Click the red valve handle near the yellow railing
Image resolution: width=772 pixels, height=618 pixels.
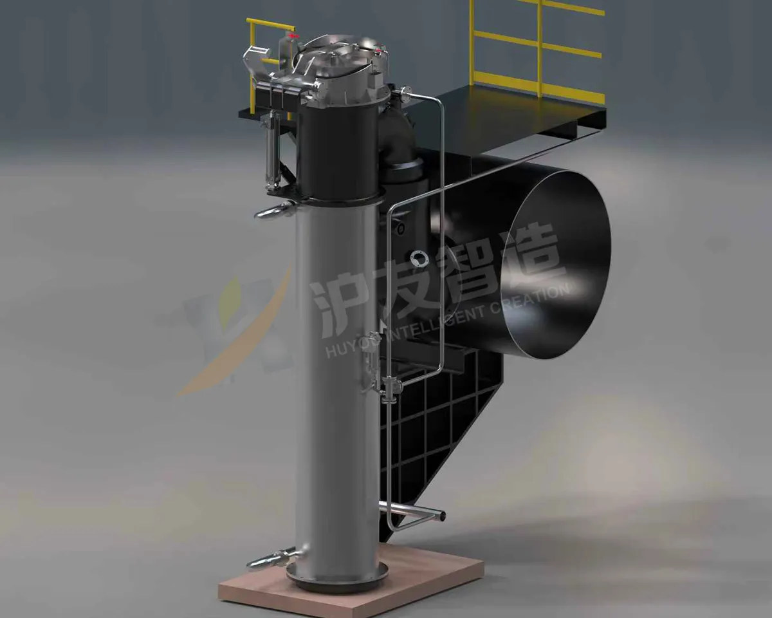(295, 36)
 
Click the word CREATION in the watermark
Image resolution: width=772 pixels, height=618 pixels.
(531, 297)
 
